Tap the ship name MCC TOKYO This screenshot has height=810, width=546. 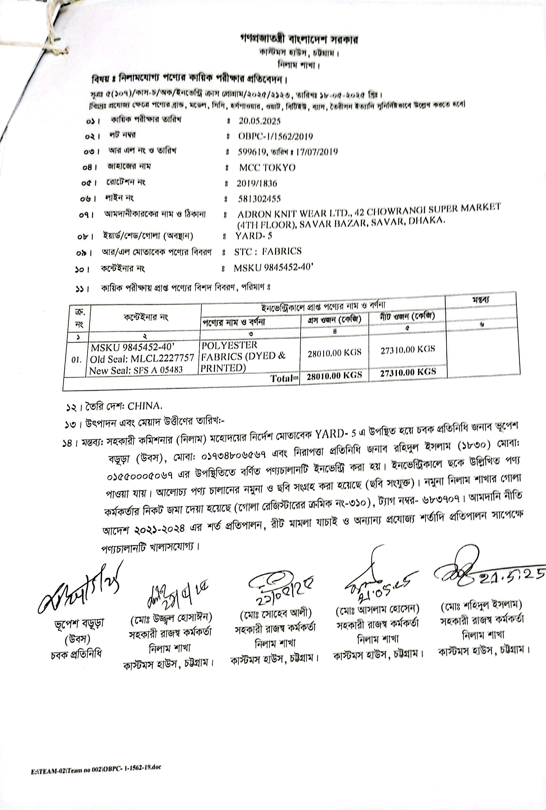[x=267, y=168]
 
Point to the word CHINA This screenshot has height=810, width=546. [x=145, y=406]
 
